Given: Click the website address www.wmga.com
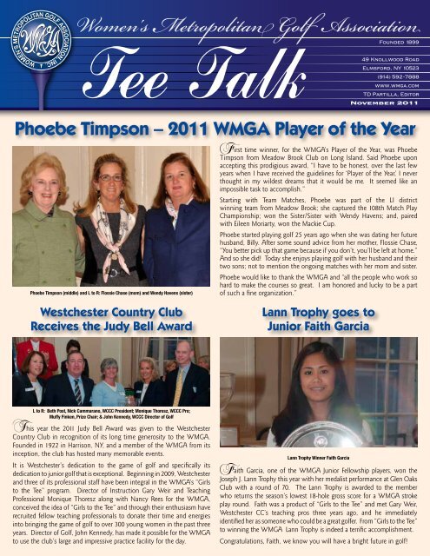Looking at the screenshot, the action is click(x=395, y=84).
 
